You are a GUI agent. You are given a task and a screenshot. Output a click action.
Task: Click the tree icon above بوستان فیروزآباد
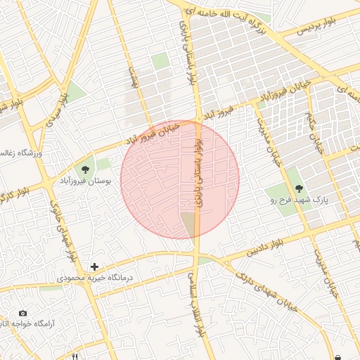point(86,169)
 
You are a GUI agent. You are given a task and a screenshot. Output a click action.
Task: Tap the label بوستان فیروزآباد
point(86,181)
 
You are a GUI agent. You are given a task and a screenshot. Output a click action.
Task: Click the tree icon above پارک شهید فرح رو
point(300,188)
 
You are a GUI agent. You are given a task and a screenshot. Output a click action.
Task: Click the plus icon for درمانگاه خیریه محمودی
point(94,267)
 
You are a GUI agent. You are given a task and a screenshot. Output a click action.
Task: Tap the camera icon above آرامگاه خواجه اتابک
point(23,313)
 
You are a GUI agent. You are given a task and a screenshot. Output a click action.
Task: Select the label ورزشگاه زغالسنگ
point(22,153)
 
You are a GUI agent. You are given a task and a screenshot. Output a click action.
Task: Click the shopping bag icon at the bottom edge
point(340,356)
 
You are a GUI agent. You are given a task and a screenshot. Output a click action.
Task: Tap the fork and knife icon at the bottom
point(75,356)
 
